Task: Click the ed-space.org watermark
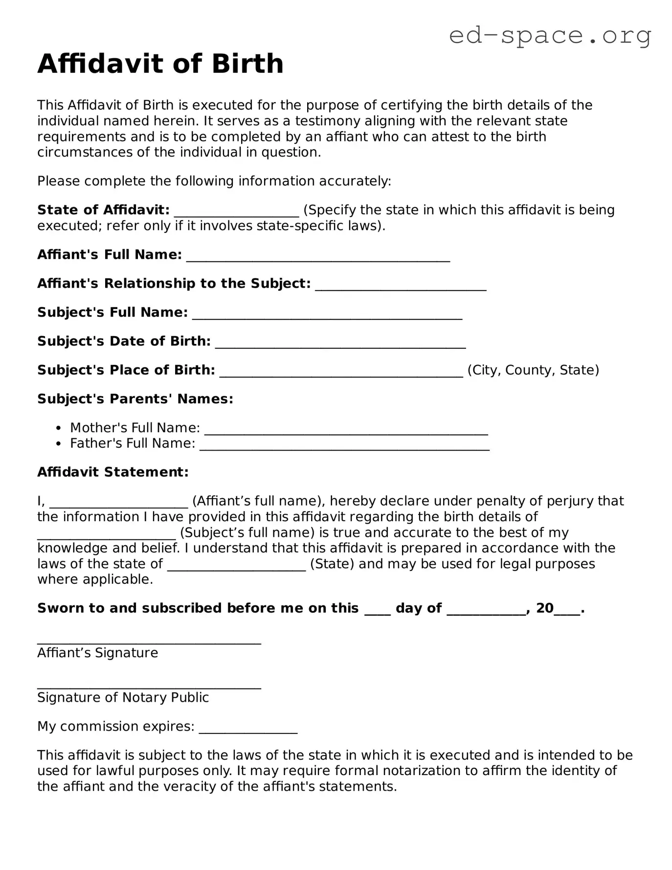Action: pos(550,35)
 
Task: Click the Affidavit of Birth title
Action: pos(160,64)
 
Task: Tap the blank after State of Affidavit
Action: pos(236,211)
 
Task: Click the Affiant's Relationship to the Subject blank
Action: pos(401,285)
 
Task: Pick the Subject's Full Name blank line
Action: pos(327,314)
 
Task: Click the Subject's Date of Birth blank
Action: pos(340,343)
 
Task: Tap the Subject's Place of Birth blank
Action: pos(341,372)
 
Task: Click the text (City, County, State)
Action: pos(533,370)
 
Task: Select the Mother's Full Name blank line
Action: pos(346,430)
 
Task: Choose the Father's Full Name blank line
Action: pos(344,445)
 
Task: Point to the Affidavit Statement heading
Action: pos(113,472)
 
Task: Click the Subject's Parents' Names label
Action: pos(135,399)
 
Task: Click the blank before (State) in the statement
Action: pos(236,566)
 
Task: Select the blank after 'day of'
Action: pos(486,610)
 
